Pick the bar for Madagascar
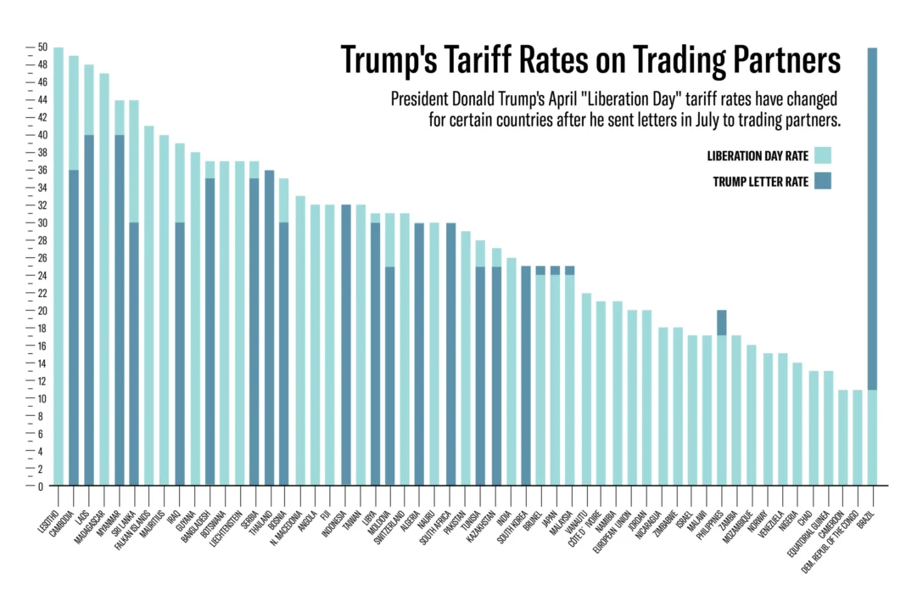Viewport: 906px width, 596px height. pos(104,280)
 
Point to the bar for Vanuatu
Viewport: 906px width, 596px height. pos(586,390)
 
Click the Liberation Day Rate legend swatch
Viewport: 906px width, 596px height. pos(822,155)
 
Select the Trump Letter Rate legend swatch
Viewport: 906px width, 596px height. pos(822,181)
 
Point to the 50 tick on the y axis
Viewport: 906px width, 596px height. pos(42,47)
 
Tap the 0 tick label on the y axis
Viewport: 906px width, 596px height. pos(41,486)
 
